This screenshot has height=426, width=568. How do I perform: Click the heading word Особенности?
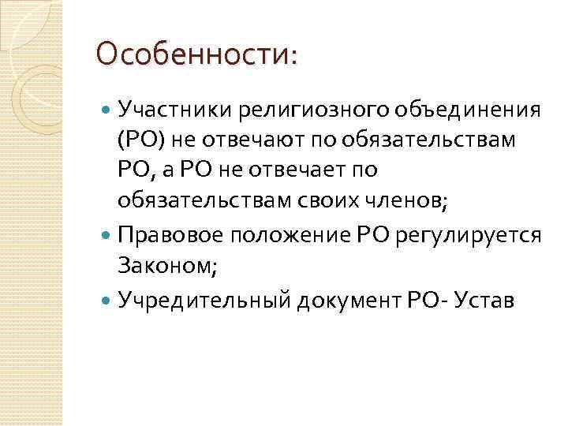pyautogui.click(x=192, y=56)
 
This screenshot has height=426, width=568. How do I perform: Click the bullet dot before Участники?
pyautogui.click(x=107, y=110)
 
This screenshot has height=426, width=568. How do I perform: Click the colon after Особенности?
pyautogui.click(x=294, y=58)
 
